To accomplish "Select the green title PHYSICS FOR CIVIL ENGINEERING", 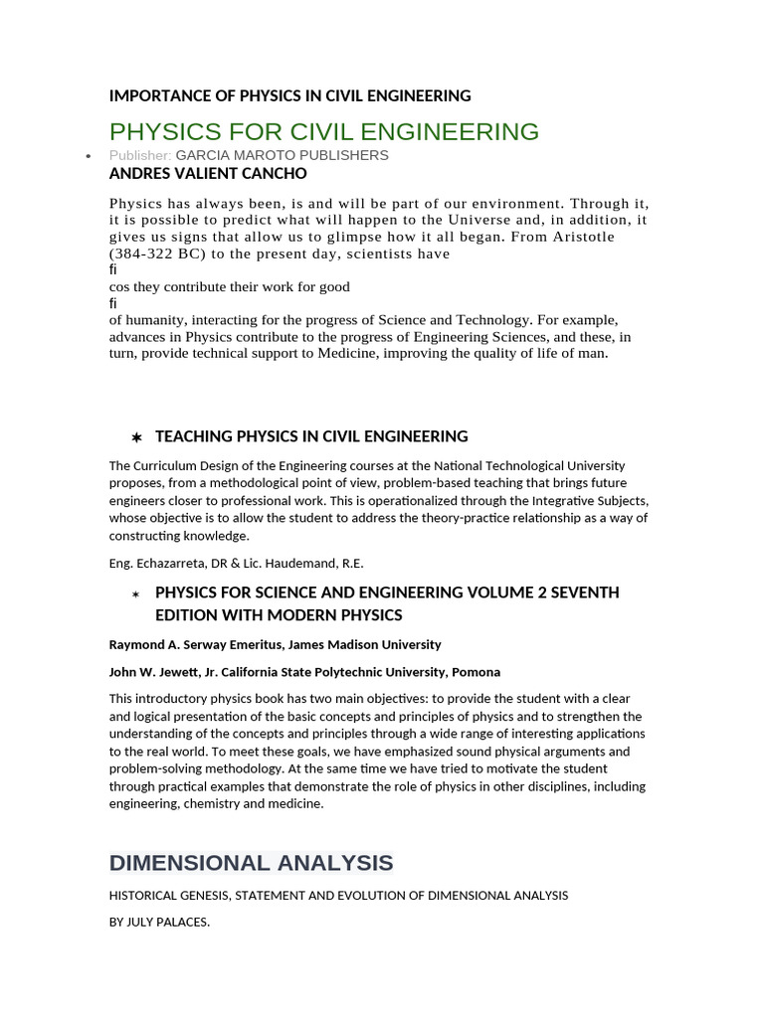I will (x=323, y=131).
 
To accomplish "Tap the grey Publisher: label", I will (x=140, y=155).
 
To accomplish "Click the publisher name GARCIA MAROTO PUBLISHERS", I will (x=282, y=155).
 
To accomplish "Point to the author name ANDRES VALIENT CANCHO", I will (x=207, y=173).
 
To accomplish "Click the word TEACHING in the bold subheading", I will (x=193, y=436).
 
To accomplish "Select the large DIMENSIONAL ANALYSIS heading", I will (x=251, y=862).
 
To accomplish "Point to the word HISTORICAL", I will (x=144, y=896).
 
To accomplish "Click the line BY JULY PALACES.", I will (x=159, y=922).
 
